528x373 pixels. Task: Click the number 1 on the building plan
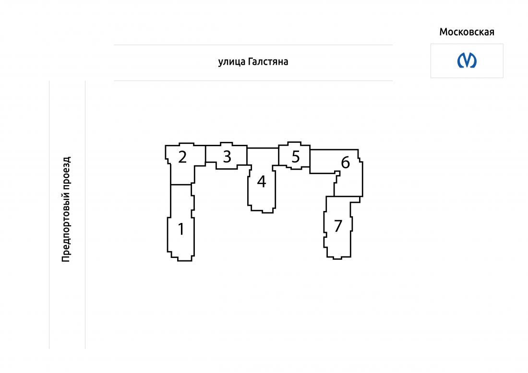coord(181,229)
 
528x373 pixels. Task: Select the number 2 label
coord(182,157)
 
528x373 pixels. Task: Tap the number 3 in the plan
coord(228,156)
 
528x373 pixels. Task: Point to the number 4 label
coord(262,181)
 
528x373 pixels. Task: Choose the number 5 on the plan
coord(296,156)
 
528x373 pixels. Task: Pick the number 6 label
coord(346,163)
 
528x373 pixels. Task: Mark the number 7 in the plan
coord(338,226)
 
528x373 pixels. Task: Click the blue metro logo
coord(467,60)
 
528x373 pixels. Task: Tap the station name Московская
coord(467,32)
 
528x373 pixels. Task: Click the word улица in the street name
coord(232,62)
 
